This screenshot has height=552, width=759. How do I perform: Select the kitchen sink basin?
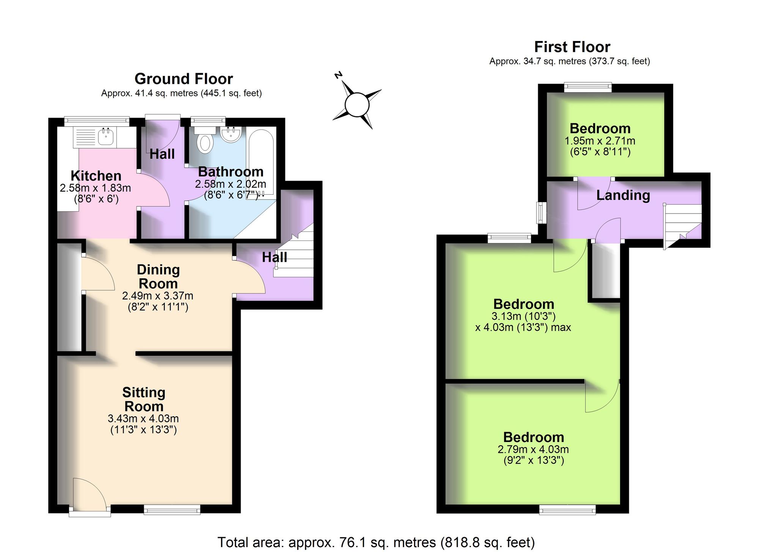click(106, 137)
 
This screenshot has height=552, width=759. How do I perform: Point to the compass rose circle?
click(357, 105)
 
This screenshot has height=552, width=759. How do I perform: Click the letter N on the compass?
click(339, 75)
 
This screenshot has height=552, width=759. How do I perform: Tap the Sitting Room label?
click(144, 399)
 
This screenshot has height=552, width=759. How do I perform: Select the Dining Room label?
click(158, 277)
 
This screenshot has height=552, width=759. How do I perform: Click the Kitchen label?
click(96, 176)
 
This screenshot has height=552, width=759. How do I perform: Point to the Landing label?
click(623, 195)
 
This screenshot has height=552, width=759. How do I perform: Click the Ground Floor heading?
click(184, 79)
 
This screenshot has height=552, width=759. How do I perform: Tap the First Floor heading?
click(572, 47)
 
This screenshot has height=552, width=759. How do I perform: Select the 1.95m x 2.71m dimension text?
click(600, 141)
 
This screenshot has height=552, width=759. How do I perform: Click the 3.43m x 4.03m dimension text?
click(143, 418)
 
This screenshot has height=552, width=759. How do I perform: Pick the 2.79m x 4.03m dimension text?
click(533, 450)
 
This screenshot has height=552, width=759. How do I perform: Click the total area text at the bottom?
click(376, 543)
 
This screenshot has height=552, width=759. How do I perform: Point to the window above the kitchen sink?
click(97, 121)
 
